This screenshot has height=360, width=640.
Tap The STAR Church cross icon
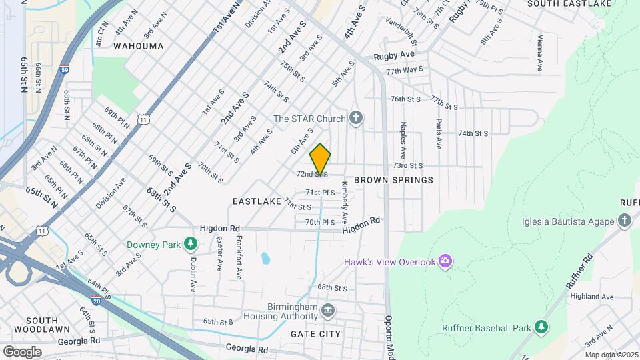356,119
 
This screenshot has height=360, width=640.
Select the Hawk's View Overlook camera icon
445,261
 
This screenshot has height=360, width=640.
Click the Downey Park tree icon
192,245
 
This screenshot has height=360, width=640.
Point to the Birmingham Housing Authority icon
327,310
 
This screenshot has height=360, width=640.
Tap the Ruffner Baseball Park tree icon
542,327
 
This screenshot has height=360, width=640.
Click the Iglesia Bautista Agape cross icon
624,221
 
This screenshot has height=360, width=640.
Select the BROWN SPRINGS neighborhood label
393,180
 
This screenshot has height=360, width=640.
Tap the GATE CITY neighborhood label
316,334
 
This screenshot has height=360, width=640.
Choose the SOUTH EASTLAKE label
579,4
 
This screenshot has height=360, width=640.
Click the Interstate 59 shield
63,69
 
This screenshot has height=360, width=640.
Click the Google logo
22,351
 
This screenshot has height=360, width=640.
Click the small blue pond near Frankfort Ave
266,257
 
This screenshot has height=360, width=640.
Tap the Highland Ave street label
598,297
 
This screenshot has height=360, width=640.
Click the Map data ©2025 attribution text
611,355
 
